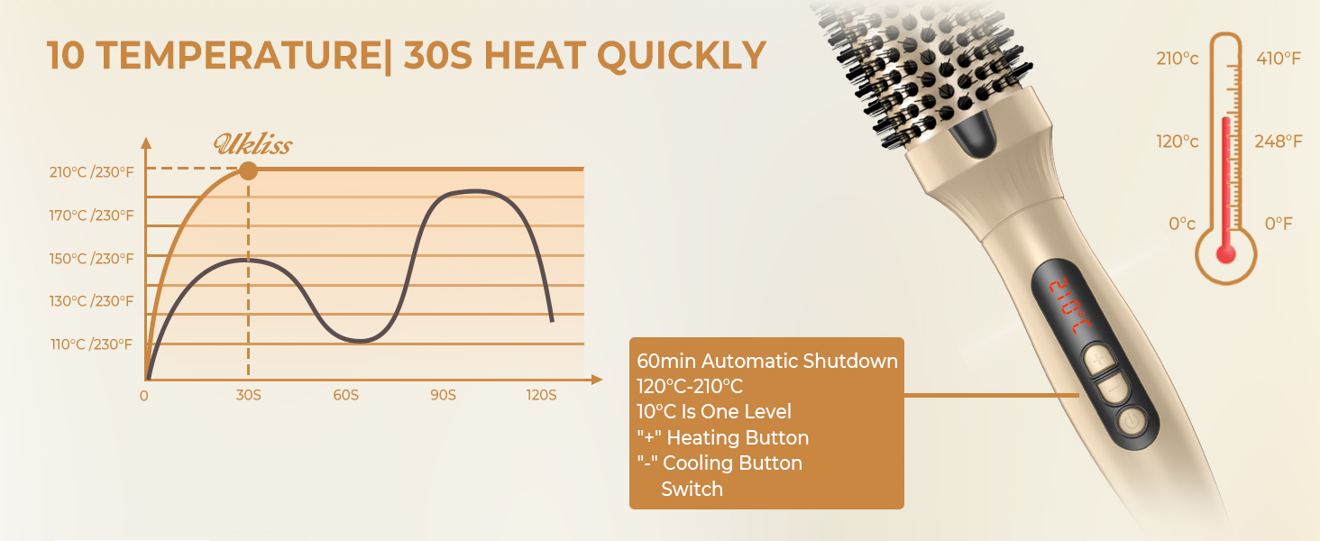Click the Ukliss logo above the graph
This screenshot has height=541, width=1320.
[x=252, y=144]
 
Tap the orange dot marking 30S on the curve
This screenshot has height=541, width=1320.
[x=248, y=170]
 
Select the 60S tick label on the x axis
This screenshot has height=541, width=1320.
[x=345, y=395]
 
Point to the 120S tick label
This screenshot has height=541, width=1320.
[x=541, y=395]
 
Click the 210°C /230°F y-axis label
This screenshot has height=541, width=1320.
[x=91, y=172]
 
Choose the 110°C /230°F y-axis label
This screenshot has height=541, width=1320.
[x=91, y=344]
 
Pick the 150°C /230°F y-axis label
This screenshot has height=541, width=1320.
[x=91, y=258]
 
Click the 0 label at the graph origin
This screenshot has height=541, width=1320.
[x=144, y=395]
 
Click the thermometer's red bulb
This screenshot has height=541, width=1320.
[x=1225, y=253]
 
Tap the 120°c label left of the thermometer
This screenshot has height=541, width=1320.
[x=1178, y=142]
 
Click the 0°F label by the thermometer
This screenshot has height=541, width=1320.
[x=1279, y=223]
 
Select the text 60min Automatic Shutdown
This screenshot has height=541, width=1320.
[x=767, y=362]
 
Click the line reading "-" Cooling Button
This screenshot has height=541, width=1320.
[x=720, y=463]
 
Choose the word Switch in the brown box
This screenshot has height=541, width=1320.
[x=692, y=489]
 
